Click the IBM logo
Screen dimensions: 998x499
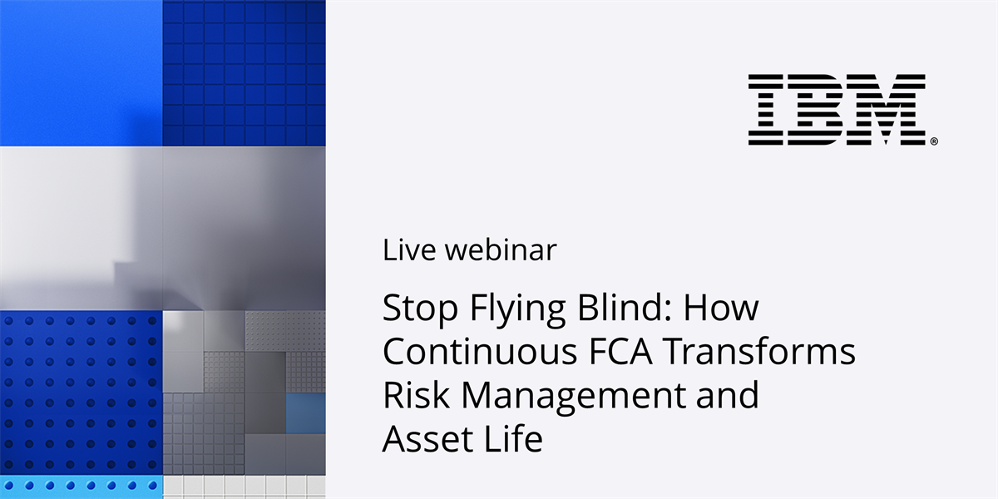[837, 110]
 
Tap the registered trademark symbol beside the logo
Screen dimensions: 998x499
[934, 141]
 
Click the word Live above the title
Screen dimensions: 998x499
[409, 249]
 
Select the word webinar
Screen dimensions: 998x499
[501, 249]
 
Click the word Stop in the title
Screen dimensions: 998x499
[420, 308]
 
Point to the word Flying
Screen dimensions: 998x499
[517, 309]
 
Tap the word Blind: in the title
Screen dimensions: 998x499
[625, 307]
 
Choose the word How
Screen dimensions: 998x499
[721, 308]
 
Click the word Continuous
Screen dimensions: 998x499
[479, 351]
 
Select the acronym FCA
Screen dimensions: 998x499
[620, 351]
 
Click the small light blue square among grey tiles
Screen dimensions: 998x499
[306, 413]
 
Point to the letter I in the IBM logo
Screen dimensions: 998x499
[765, 110]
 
